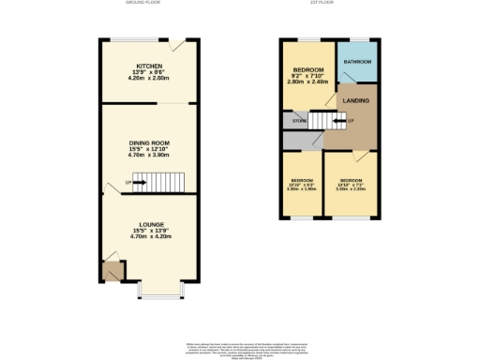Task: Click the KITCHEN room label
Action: click(x=149, y=66)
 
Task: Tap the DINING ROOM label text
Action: click(x=149, y=142)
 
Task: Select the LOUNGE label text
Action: click(x=149, y=225)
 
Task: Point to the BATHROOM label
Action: click(x=357, y=62)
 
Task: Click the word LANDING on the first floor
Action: click(x=355, y=100)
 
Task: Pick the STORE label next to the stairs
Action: click(x=299, y=121)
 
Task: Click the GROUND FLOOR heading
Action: click(x=147, y=4)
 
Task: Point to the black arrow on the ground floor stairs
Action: click(x=139, y=182)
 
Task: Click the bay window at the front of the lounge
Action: click(x=159, y=294)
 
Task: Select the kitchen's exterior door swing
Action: click(x=178, y=45)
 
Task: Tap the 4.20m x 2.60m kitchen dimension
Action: click(x=149, y=79)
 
